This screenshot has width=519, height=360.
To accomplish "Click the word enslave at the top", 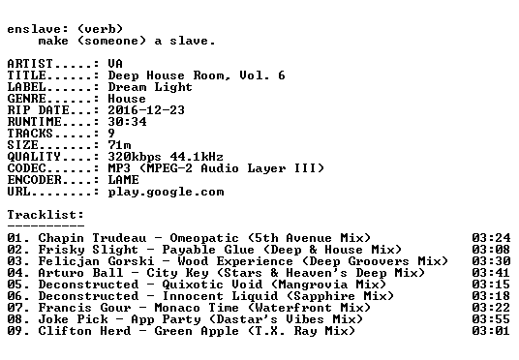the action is click(x=34, y=29).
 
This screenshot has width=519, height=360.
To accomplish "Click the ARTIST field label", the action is click(x=30, y=64).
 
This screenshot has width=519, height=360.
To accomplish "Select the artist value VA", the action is click(x=115, y=64).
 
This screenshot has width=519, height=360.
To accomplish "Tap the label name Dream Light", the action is click(x=150, y=87).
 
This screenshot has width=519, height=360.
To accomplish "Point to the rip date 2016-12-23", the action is click(x=146, y=110).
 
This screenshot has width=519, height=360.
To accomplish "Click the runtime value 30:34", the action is click(x=127, y=122).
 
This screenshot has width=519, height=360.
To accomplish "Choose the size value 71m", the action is click(x=119, y=145).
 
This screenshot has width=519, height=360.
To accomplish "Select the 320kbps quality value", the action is click(x=135, y=157).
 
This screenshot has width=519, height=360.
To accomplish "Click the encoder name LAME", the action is click(x=124, y=180).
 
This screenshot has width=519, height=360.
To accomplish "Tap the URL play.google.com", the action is click(x=166, y=193).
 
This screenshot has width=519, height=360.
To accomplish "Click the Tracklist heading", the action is click(x=46, y=215).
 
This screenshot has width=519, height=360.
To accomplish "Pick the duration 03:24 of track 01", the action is click(x=491, y=238).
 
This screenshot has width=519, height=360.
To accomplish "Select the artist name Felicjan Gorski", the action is click(x=96, y=261).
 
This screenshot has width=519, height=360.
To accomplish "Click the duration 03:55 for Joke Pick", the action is click(x=491, y=319).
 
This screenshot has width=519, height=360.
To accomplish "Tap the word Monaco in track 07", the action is click(x=177, y=308).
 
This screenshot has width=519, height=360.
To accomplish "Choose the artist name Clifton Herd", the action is click(x=85, y=331).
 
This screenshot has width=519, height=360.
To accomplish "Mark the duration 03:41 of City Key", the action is click(x=491, y=273).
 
